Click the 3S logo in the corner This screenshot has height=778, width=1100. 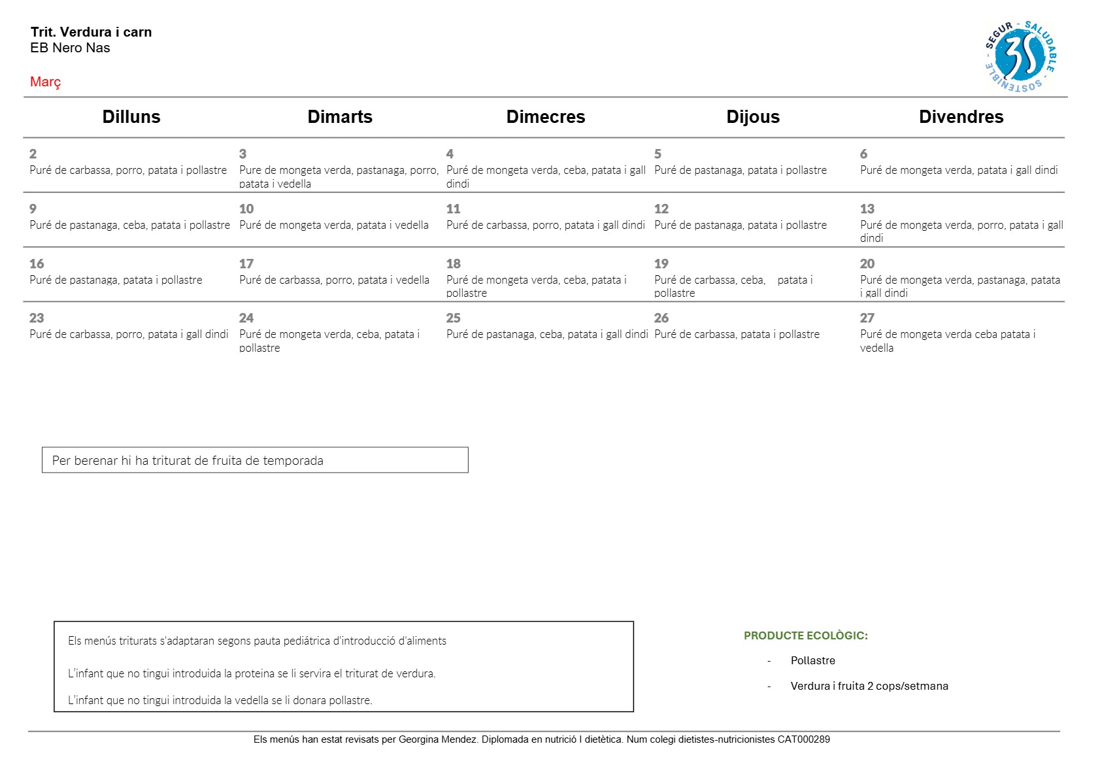[x=1020, y=57]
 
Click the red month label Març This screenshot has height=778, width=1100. [x=45, y=82]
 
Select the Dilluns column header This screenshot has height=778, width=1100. [x=131, y=117]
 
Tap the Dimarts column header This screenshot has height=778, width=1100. [x=340, y=117]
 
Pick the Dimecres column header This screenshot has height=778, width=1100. [x=546, y=117]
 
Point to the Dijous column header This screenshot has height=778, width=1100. [x=753, y=117]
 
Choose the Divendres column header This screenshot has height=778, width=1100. [x=961, y=117]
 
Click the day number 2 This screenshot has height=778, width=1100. [x=33, y=154]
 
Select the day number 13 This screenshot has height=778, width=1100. [x=867, y=209]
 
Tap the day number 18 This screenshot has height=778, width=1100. [x=454, y=264]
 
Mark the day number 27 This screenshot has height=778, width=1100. [x=867, y=318]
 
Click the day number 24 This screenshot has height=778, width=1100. [x=246, y=318]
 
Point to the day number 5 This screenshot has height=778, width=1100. [x=658, y=154]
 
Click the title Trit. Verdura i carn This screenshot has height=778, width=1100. [x=91, y=32]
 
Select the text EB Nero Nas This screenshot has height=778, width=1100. [x=70, y=48]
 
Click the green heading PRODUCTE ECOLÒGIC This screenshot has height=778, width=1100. [x=805, y=635]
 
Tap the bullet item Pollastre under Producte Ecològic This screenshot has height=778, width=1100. [x=812, y=660]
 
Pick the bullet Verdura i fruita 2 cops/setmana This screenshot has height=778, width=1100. [x=869, y=686]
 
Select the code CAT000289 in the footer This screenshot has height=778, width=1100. [x=803, y=739]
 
